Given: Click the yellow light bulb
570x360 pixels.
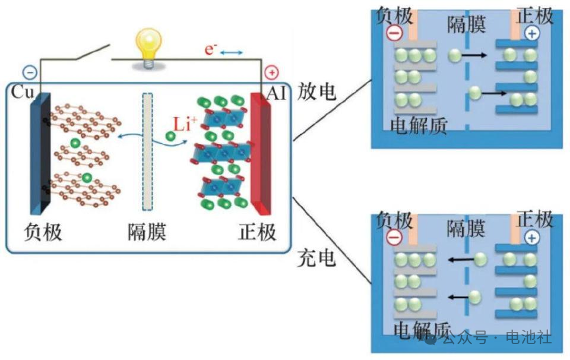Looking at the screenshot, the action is click(x=148, y=48).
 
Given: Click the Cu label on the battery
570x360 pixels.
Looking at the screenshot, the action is click(x=23, y=92).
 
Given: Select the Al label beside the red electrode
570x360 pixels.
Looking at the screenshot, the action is click(x=276, y=94).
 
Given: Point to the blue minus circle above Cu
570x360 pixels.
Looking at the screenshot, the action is click(x=30, y=72).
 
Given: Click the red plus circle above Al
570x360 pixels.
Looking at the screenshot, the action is click(x=271, y=72).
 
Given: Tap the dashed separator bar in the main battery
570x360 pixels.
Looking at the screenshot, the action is click(x=147, y=151).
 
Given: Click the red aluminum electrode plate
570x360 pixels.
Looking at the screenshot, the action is click(x=261, y=154).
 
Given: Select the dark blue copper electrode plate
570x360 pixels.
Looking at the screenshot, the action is click(x=40, y=153).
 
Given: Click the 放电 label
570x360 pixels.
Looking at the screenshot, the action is click(x=316, y=91).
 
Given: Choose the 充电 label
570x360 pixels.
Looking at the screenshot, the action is click(x=316, y=258).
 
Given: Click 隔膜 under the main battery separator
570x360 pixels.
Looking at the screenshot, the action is click(x=147, y=232).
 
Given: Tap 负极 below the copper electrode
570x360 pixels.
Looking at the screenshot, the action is click(x=43, y=232).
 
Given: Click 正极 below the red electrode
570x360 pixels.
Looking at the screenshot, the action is click(x=257, y=232).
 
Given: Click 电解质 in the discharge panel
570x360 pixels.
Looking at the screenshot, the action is click(x=419, y=126).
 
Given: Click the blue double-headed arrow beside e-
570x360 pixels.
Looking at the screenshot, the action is click(x=232, y=53).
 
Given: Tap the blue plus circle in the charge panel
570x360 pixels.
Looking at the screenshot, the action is click(x=532, y=238).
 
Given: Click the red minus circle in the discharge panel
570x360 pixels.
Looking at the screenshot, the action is click(x=394, y=33).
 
